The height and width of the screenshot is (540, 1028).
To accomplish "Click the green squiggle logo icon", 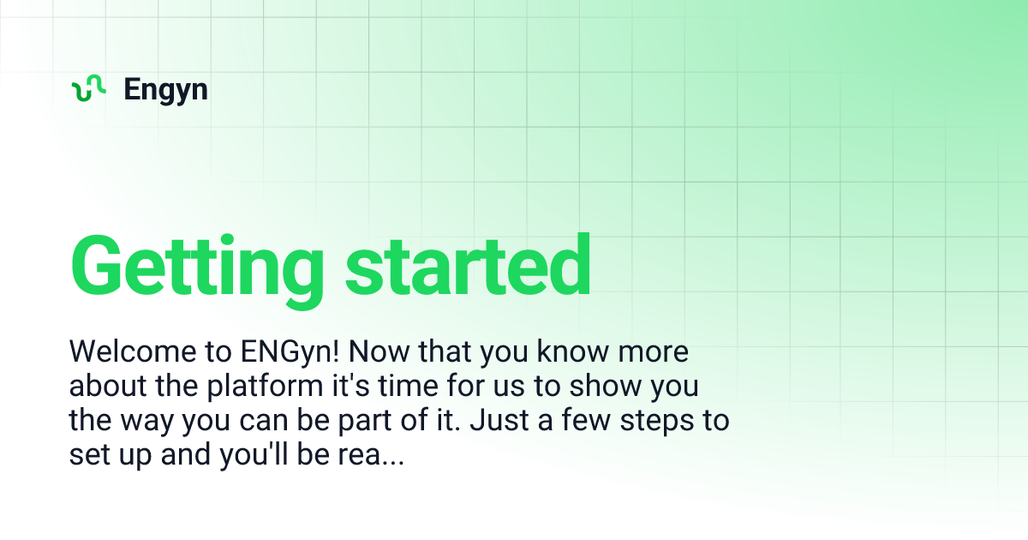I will click(x=88, y=88).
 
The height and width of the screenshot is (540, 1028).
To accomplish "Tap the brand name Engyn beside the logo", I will click(x=165, y=89).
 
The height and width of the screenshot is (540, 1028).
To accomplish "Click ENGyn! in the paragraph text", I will click(x=286, y=351).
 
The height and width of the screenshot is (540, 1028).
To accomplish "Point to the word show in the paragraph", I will click(x=599, y=387).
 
